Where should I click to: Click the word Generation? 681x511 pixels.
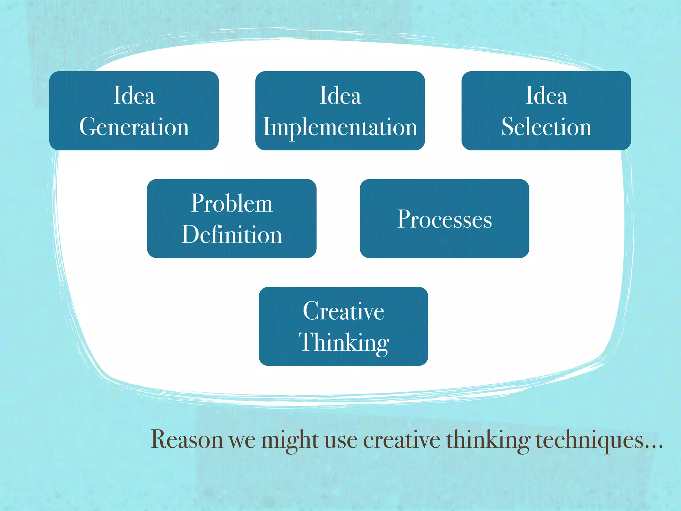click(x=134, y=127)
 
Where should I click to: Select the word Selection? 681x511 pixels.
click(x=546, y=127)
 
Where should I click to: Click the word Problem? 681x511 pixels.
click(x=232, y=203)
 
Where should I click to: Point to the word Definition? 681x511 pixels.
click(x=232, y=235)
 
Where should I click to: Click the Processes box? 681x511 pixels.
click(x=444, y=219)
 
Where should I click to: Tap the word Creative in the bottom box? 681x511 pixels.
click(x=343, y=311)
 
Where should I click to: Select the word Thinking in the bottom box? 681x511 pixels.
click(x=343, y=343)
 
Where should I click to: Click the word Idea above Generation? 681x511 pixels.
click(x=134, y=96)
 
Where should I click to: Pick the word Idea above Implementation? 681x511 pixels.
click(x=340, y=96)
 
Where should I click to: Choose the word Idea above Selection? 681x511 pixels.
click(x=546, y=96)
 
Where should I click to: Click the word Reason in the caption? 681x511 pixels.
click(x=187, y=440)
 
